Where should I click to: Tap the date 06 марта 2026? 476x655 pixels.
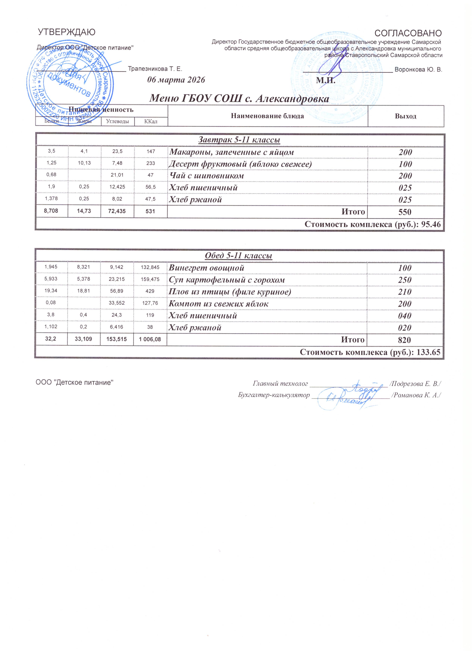click(176, 80)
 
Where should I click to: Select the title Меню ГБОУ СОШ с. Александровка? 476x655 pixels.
click(239, 99)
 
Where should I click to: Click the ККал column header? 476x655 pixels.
click(151, 122)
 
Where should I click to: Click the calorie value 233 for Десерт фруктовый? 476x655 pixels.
click(151, 163)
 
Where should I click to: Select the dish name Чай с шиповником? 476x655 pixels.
click(206, 176)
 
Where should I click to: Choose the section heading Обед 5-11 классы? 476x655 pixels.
click(238, 256)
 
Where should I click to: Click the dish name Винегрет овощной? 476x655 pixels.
click(206, 268)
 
